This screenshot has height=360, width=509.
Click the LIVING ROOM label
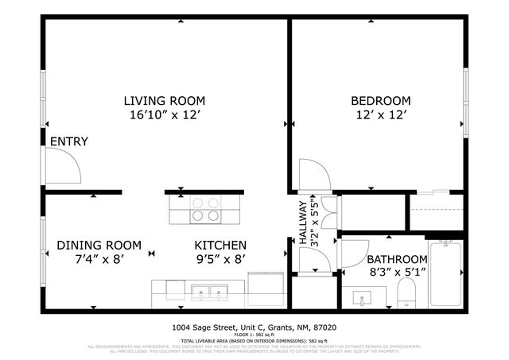(164, 101)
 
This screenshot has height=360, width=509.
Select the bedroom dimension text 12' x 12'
(381, 115)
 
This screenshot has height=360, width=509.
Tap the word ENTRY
(68, 142)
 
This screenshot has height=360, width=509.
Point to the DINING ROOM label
(99, 245)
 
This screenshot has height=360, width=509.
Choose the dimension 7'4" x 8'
(99, 258)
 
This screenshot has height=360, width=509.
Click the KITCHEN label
(221, 245)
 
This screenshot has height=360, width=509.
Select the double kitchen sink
(209, 294)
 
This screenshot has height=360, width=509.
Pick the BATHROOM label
(396, 259)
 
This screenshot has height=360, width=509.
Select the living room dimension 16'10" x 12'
(164, 115)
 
